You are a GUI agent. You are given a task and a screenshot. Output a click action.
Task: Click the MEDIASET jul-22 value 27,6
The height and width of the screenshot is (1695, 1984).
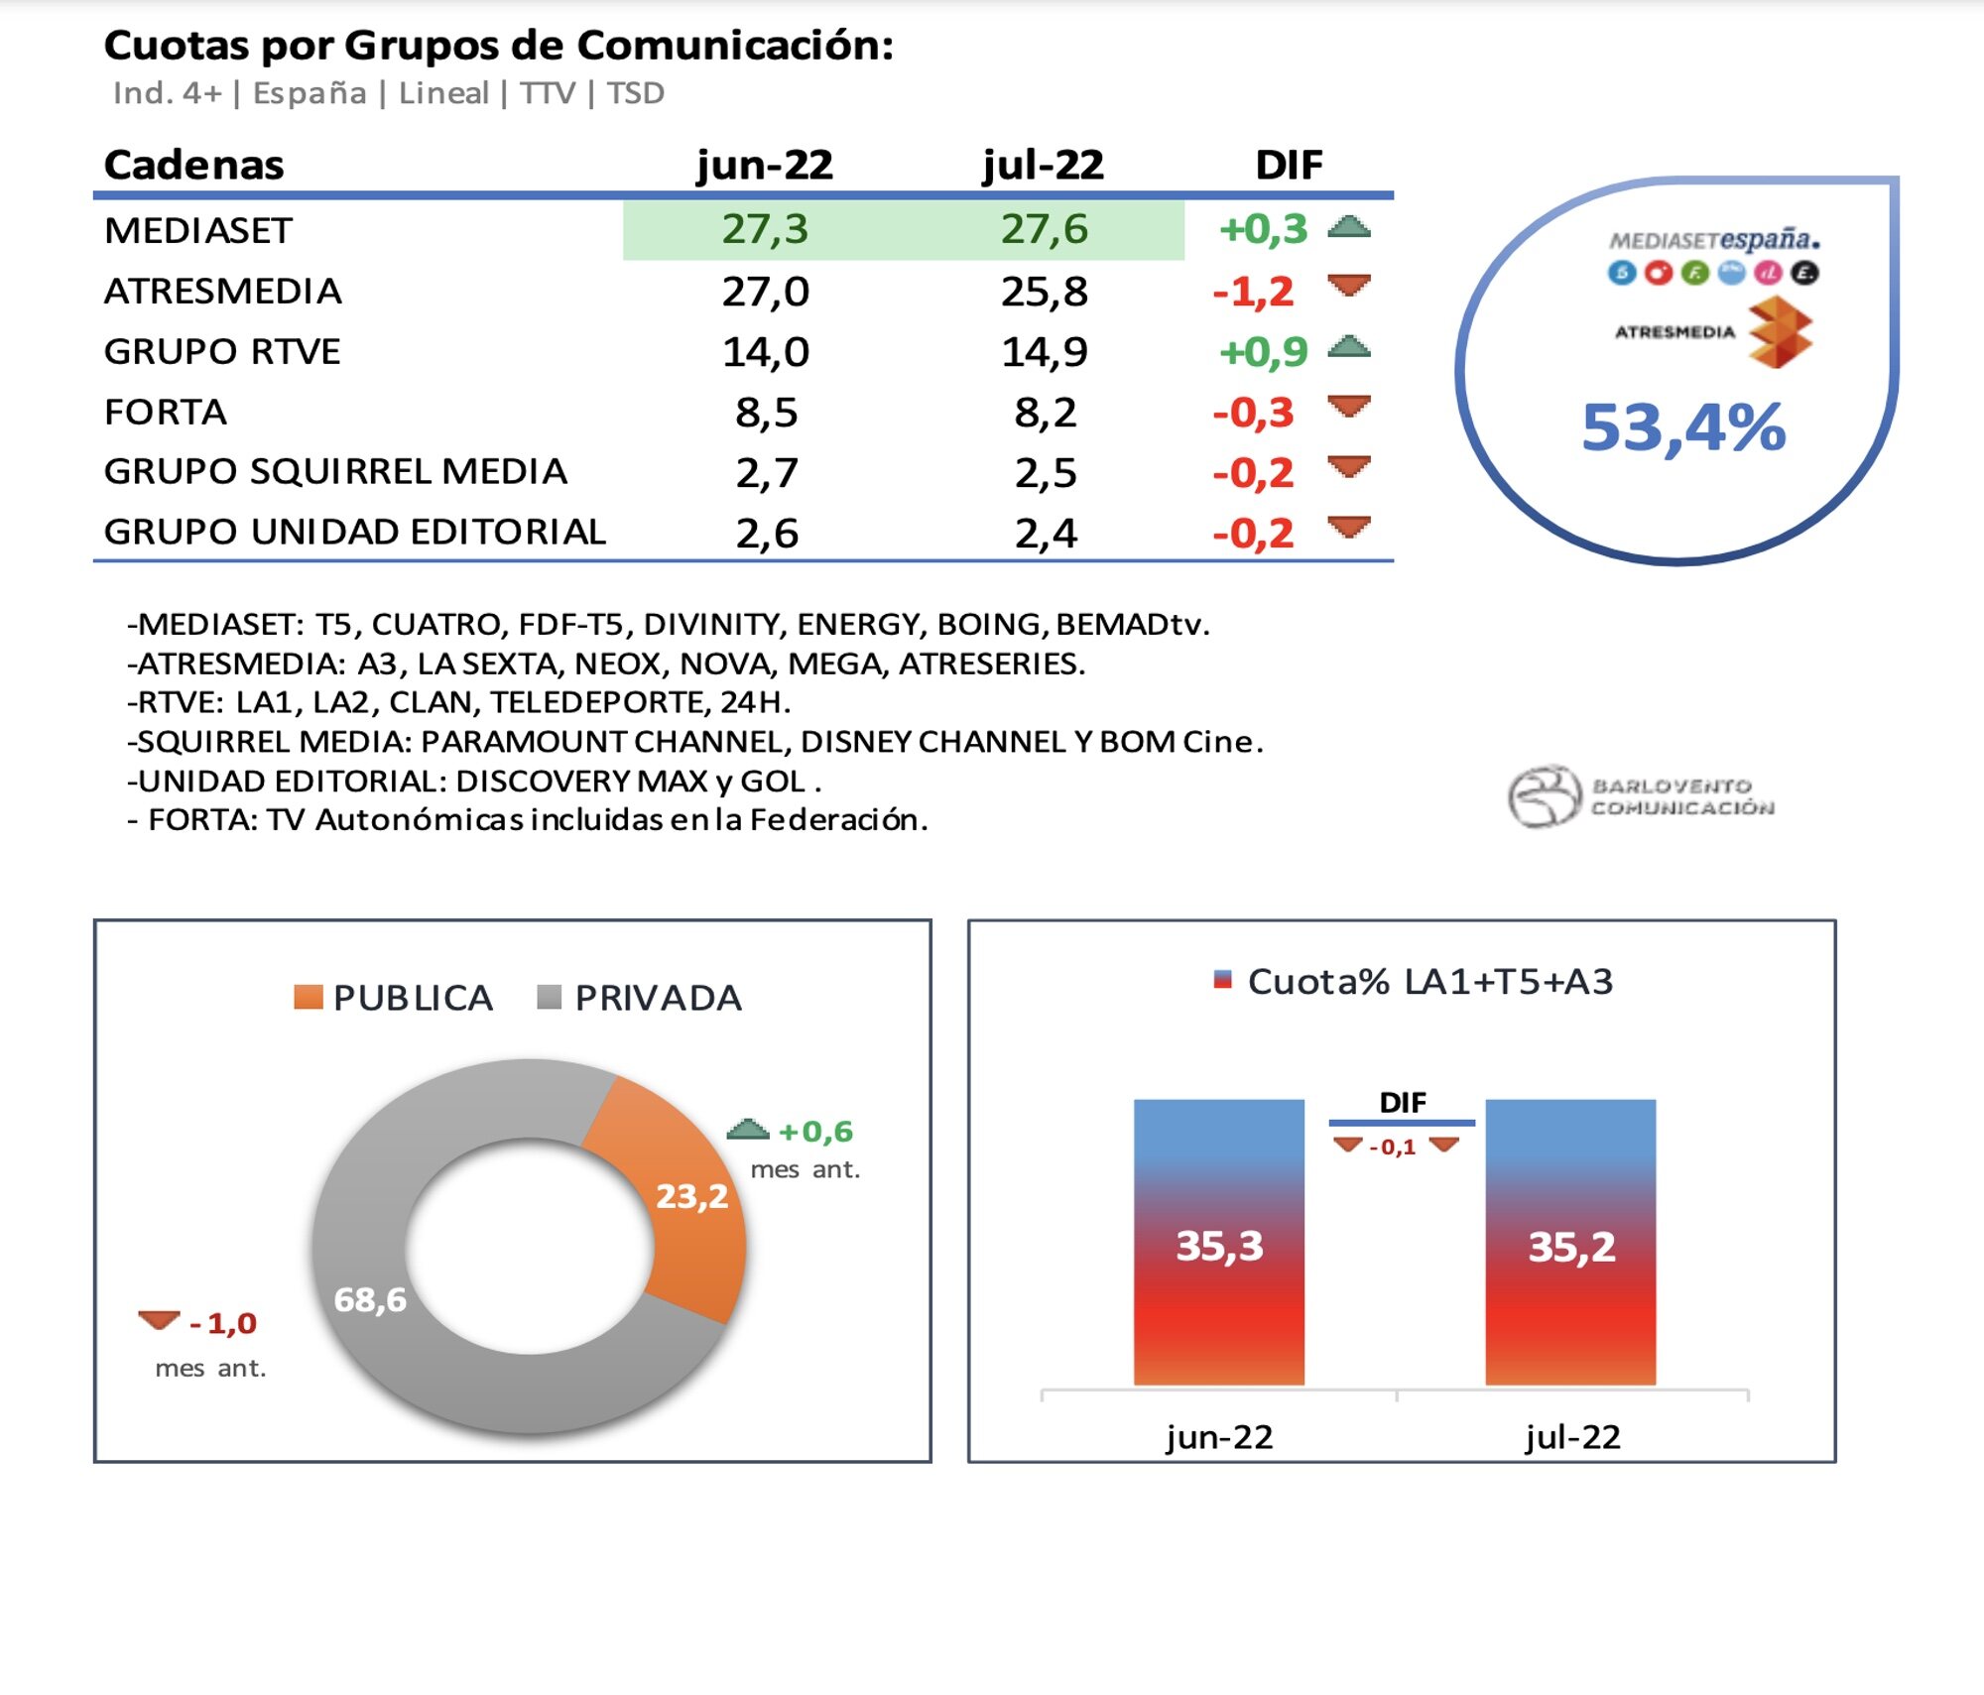[x=1044, y=229]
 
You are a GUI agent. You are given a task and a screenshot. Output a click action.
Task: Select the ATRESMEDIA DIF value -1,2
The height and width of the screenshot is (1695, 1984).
[x=1253, y=291]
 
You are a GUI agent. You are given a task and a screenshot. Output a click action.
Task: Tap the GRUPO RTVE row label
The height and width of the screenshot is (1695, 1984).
[x=222, y=351]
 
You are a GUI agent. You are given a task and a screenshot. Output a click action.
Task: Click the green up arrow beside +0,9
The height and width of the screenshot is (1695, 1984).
[x=1349, y=347]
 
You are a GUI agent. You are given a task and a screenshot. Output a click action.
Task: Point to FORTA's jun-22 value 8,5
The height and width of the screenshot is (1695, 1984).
[x=766, y=412]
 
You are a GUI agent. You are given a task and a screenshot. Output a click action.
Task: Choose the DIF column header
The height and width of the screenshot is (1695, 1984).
[x=1288, y=165]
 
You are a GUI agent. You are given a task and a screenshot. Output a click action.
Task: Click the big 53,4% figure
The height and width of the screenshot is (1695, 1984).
[x=1683, y=427]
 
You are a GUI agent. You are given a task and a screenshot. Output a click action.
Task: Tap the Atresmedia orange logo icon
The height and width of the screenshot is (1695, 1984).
[x=1780, y=334]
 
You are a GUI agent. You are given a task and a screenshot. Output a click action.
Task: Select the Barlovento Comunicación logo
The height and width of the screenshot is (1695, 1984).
[x=1642, y=795]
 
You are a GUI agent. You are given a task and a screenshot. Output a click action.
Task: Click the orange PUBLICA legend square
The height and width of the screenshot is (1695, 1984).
[x=309, y=997]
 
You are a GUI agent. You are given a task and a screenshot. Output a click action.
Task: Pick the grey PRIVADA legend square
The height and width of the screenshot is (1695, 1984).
[x=549, y=997]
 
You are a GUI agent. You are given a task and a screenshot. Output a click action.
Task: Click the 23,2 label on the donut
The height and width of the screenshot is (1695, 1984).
[x=691, y=1196]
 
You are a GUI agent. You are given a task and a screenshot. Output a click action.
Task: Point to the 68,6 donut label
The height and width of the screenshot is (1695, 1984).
[x=370, y=1299]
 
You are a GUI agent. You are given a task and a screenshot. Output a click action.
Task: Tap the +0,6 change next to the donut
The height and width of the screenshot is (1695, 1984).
[x=814, y=1131]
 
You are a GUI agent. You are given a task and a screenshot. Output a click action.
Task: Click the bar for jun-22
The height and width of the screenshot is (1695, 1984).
[x=1218, y=1241]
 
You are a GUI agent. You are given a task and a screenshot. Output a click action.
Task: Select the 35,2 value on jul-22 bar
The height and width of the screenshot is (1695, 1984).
[x=1571, y=1247]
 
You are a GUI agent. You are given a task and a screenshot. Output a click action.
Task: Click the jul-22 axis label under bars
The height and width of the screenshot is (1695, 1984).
[x=1571, y=1436]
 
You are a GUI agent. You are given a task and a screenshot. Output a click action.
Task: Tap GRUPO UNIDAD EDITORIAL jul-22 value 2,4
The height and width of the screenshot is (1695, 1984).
[x=1045, y=534]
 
